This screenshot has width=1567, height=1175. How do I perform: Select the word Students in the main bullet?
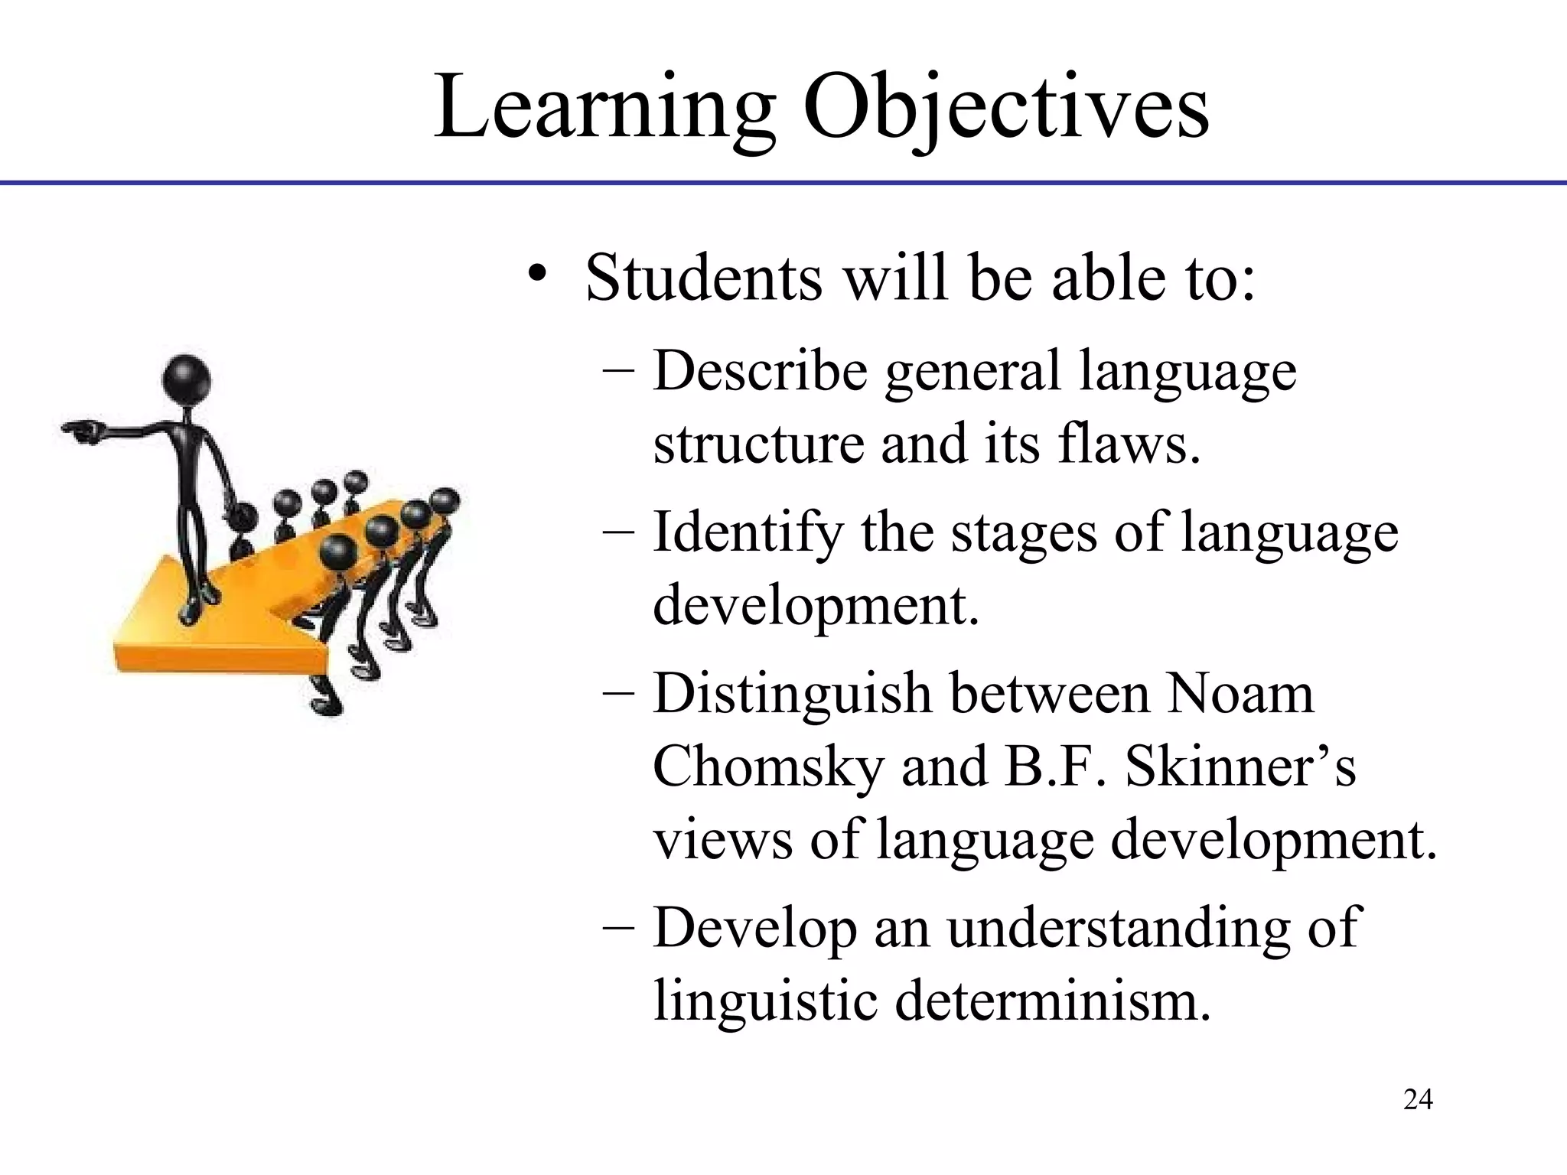(x=703, y=277)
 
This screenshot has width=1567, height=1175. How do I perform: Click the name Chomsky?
(x=768, y=767)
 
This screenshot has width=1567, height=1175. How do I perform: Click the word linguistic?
(x=765, y=1000)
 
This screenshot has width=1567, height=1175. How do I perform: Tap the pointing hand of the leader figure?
(x=82, y=431)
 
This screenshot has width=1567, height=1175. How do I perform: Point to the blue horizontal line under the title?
(x=783, y=183)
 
